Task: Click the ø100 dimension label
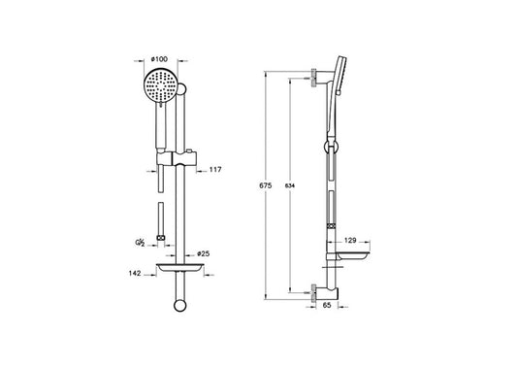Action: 159,59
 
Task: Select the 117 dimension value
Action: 215,170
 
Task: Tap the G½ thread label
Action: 140,243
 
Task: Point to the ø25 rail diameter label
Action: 203,253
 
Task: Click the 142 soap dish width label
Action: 135,273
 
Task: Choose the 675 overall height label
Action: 266,185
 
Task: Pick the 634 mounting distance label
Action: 290,185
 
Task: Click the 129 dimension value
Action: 350,240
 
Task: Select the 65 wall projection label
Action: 327,305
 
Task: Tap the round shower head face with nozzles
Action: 161,85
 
